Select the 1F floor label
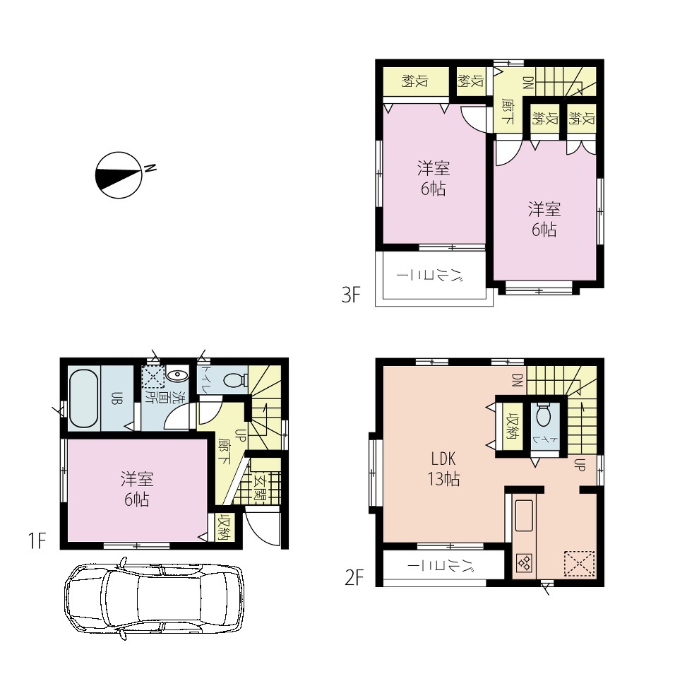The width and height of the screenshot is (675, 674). click(37, 541)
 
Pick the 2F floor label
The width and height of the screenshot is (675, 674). click(354, 577)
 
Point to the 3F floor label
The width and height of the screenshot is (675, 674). click(351, 295)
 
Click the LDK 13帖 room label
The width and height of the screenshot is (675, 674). click(443, 469)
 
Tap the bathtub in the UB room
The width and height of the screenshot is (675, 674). click(83, 398)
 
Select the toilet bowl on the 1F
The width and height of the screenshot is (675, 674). click(235, 380)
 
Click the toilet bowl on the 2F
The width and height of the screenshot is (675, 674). click(544, 414)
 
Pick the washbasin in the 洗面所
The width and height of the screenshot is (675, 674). click(177, 375)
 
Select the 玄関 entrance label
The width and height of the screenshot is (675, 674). click(260, 487)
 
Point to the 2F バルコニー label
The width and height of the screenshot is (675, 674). click(441, 564)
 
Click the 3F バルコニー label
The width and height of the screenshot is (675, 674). click(431, 274)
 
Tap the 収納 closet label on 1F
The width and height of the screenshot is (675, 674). click(225, 528)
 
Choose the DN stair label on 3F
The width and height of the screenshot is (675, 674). click(528, 82)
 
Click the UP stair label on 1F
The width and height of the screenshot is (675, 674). click(240, 435)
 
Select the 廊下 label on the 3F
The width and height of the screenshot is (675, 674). click(507, 111)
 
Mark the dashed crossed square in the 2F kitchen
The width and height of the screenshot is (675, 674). click(579, 563)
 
